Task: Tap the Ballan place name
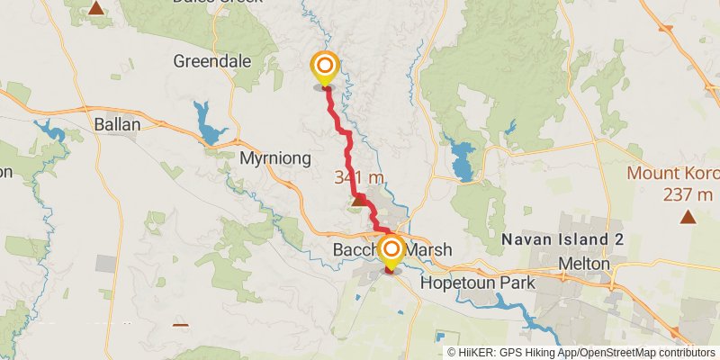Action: pyautogui.click(x=116, y=124)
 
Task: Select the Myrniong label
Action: pyautogui.click(x=275, y=158)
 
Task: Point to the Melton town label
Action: pyautogui.click(x=584, y=265)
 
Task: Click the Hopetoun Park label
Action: pyautogui.click(x=477, y=283)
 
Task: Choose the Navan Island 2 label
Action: pyautogui.click(x=562, y=239)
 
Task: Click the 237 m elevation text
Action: pyautogui.click(x=688, y=194)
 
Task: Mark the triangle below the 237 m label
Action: pyautogui.click(x=688, y=216)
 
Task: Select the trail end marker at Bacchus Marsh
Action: pyautogui.click(x=391, y=250)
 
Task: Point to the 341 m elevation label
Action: pyautogui.click(x=359, y=177)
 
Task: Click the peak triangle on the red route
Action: pyautogui.click(x=358, y=201)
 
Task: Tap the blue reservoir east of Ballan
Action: pyautogui.click(x=211, y=125)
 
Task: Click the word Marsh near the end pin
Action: pyautogui.click(x=430, y=249)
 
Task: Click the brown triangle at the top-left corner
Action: pyautogui.click(x=95, y=10)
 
